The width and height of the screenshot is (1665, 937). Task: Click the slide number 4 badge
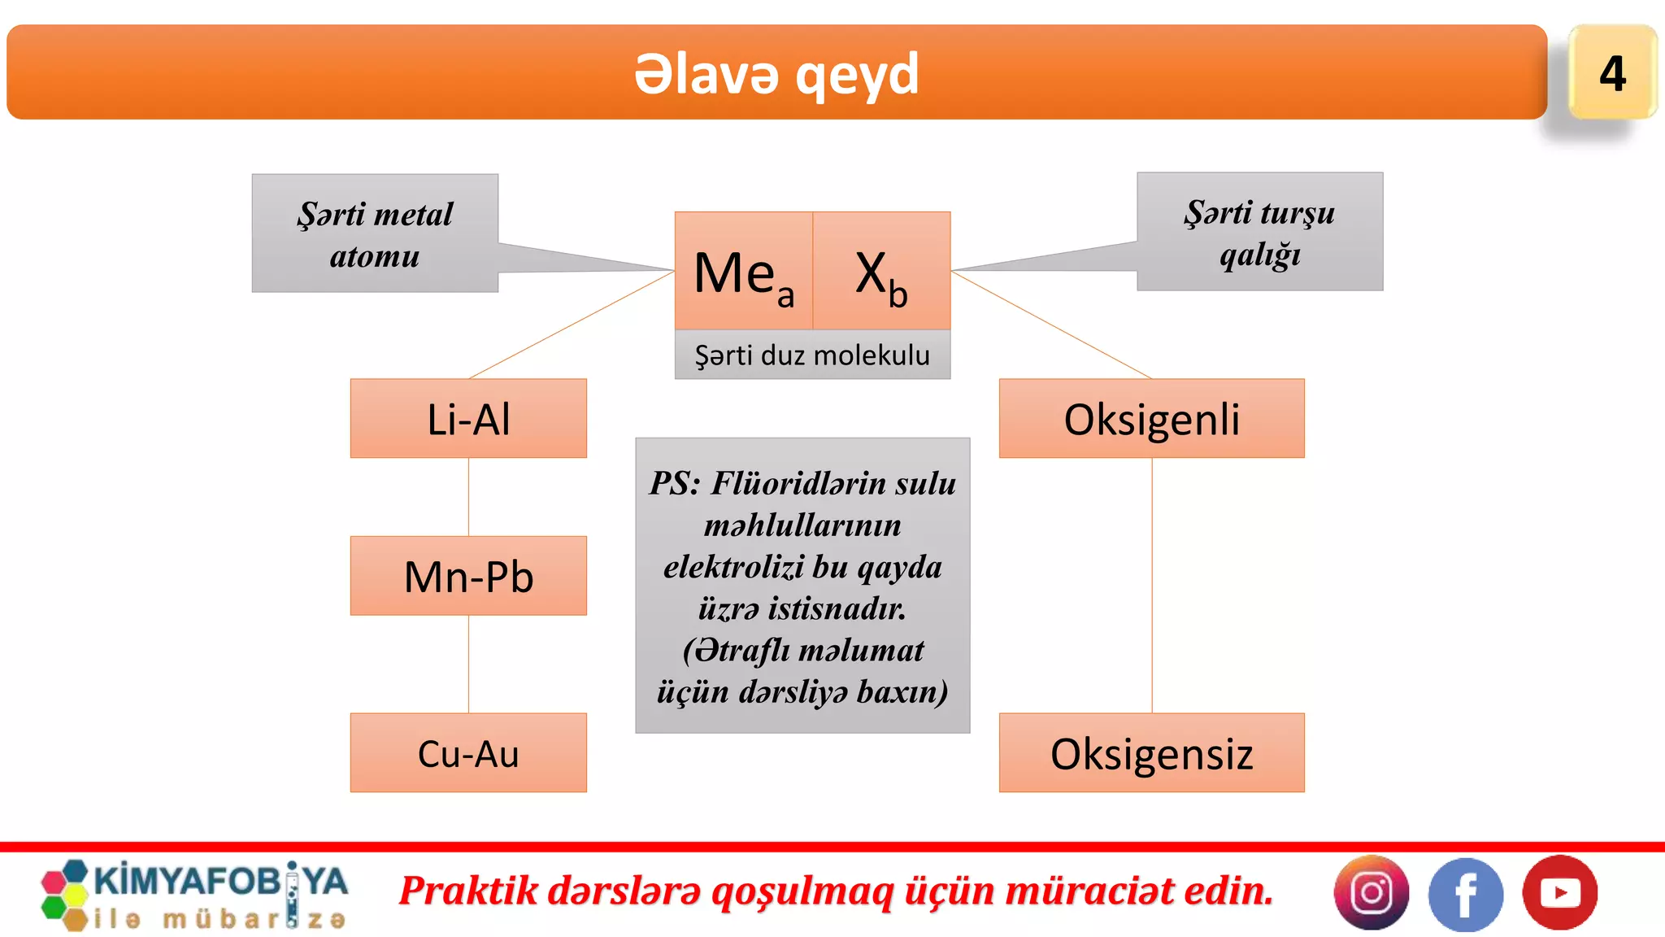coord(1612,73)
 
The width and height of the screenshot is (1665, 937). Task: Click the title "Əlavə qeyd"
coord(776,74)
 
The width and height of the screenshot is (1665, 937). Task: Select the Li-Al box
coord(468,419)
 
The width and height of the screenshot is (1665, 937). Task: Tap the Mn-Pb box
coord(468,577)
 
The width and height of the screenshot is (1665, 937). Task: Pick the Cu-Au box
coord(468,753)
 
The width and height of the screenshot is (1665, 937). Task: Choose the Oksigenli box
coord(1151,419)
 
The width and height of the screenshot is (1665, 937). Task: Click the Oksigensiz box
coord(1151,753)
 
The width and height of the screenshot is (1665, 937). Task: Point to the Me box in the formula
coord(743,272)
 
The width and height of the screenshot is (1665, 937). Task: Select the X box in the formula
coord(881,272)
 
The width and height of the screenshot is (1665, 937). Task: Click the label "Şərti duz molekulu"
coord(812,355)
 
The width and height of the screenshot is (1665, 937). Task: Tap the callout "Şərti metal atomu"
coord(375,234)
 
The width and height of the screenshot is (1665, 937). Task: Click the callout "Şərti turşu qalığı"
coord(1259,233)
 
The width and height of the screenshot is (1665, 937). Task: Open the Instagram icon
coord(1372,892)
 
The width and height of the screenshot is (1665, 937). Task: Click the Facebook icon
coord(1465,894)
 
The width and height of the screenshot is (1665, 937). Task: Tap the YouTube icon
coord(1559,892)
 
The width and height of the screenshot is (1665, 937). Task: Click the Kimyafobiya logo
coord(195,895)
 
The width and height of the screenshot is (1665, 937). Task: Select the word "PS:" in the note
coord(675,483)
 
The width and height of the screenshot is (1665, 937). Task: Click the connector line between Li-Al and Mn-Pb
coord(468,497)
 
